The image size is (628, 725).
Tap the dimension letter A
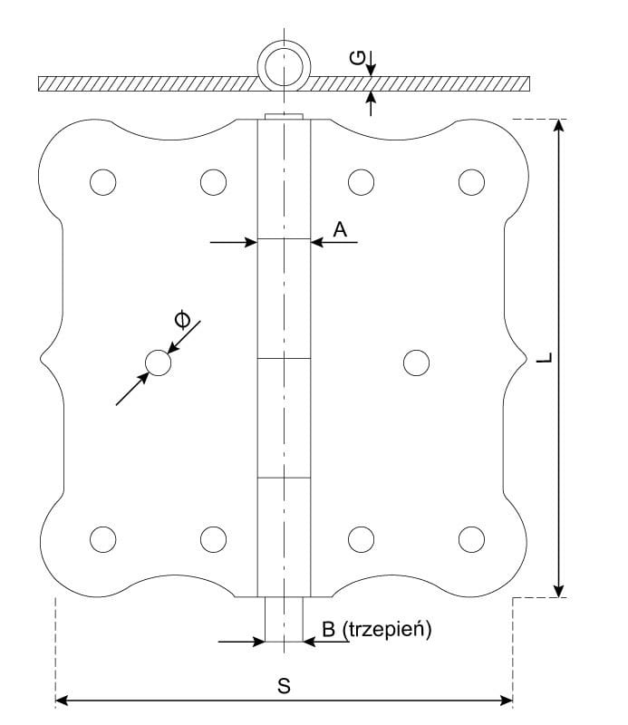340,230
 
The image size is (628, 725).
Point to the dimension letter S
284,686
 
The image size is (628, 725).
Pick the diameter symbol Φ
183,318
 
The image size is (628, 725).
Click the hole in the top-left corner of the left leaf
103,182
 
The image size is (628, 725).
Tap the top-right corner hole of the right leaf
471,182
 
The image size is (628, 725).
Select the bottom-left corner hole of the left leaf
103,538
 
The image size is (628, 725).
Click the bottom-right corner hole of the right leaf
471,538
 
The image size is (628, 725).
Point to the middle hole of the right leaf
416,362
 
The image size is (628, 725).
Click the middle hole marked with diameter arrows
158,362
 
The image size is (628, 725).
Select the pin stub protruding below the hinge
284,619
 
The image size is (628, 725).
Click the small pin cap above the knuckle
284,116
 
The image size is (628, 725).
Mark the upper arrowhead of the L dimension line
561,126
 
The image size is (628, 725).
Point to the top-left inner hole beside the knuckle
213,182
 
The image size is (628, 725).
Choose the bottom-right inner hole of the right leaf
362,538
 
